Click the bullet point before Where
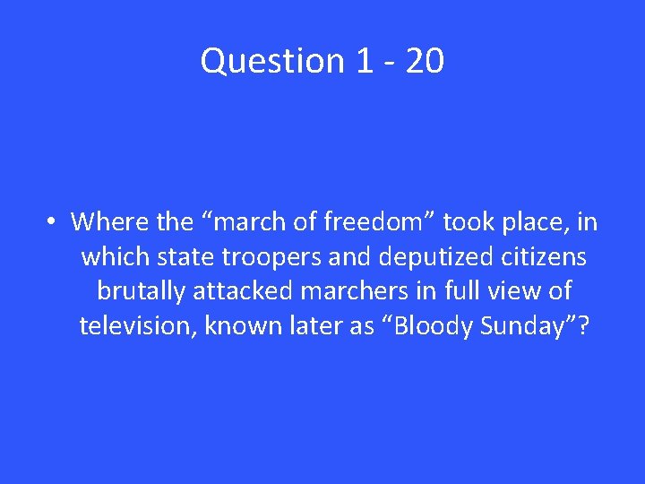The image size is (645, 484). pyautogui.click(x=54, y=221)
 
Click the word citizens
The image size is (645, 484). pyautogui.click(x=540, y=256)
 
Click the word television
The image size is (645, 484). pyautogui.click(x=136, y=325)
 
